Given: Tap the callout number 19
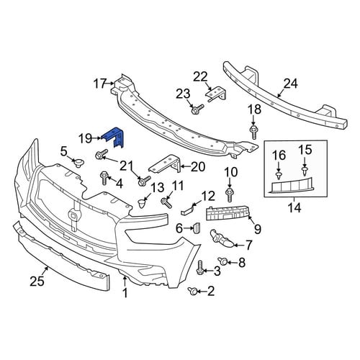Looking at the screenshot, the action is pos(86,138).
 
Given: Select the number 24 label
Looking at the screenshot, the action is pos(291,84).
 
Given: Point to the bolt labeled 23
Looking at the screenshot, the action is pos(197,109).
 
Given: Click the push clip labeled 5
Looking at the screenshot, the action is pos(78,163).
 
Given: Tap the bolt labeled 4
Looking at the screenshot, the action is pos(104,178).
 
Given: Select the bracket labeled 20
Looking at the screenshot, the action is pos(165,163).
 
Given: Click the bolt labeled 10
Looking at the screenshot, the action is pos(230,194).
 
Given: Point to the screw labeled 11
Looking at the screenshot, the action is pos(166,202).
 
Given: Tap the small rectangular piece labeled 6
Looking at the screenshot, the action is pos(197,228).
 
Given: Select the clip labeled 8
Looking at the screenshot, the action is pos(222,261).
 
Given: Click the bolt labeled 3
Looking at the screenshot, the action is pos(199,268).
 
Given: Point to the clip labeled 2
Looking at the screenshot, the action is pos(193,291).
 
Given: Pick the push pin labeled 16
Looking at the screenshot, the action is pos(279,175).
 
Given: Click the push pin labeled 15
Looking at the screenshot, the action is pos(305,171).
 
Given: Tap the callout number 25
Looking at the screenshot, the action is pos(37,281).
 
